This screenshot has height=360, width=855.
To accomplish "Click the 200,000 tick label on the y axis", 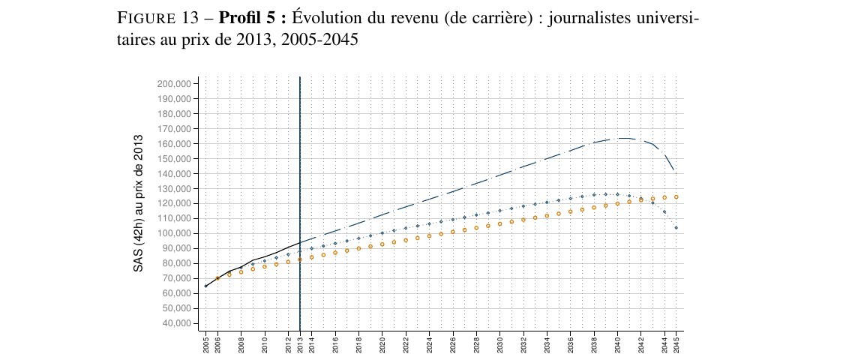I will point(175,83).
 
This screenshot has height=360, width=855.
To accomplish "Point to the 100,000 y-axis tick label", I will point(175,233).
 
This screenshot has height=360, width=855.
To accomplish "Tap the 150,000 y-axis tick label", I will point(175,158).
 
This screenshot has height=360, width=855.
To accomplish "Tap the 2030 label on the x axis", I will point(500,343).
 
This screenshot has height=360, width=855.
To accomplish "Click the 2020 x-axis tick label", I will point(382,343).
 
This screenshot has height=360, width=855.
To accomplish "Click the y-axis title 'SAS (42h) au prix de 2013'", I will point(139,203).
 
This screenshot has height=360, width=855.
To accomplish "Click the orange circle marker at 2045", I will point(676,197).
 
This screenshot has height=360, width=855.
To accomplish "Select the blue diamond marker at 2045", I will point(676,227).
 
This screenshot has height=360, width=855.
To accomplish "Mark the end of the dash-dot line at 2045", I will point(676,171).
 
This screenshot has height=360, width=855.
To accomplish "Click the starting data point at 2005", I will point(206,286).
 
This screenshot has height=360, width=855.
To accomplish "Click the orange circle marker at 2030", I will point(500,223).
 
